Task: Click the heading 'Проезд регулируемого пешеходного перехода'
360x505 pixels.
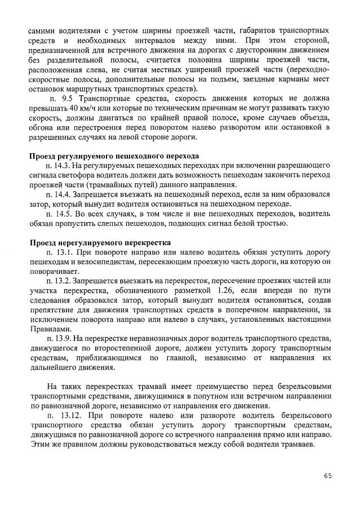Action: point(114,156)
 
